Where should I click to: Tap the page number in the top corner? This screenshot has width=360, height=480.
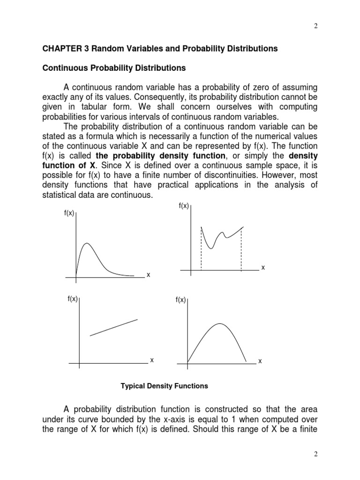tap(316, 26)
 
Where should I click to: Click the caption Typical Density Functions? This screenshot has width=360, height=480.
tap(164, 386)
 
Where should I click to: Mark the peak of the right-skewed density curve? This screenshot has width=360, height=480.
tap(87, 243)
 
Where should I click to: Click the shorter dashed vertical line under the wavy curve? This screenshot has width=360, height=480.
tap(241, 249)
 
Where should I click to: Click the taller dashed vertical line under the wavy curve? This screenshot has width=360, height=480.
tap(201, 248)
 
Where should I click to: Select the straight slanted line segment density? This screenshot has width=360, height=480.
tap(114, 327)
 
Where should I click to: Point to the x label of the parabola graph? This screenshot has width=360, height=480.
tap(260, 361)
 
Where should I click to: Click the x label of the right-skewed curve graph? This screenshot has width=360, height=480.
tap(148, 275)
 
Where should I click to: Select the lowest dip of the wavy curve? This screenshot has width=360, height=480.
tap(211, 248)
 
